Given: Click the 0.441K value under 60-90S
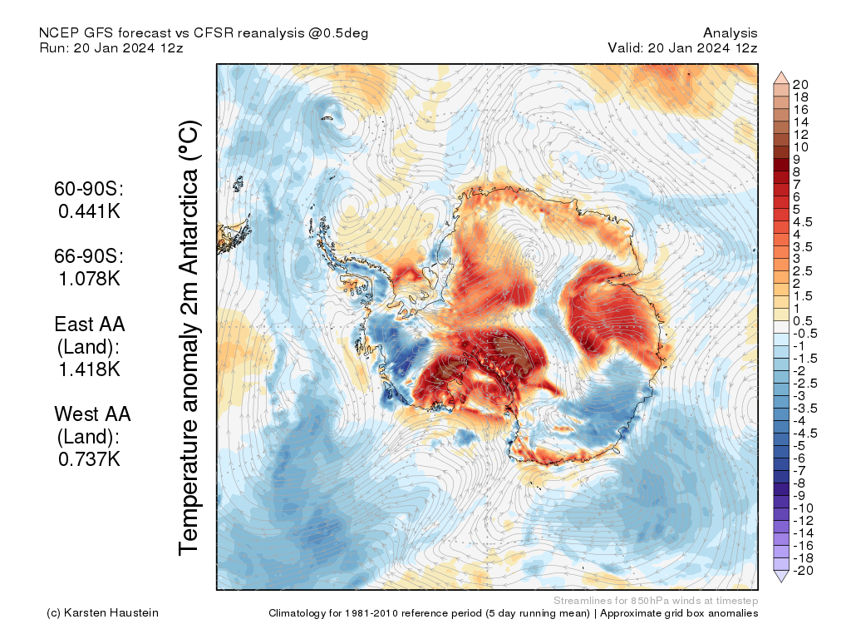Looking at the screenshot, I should (90, 211).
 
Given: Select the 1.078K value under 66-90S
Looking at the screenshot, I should (90, 278).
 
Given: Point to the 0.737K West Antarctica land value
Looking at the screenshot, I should (90, 458).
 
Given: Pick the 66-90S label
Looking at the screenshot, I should (90, 256).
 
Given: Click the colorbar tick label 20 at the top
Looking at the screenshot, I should (801, 84).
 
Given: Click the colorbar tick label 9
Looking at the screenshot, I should (796, 159).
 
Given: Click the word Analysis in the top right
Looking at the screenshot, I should (730, 32).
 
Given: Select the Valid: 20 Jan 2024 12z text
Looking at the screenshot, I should (682, 47).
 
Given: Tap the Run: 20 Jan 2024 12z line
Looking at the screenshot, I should (111, 47).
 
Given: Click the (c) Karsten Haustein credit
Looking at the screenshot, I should (103, 613).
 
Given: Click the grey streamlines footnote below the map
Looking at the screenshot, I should (656, 600).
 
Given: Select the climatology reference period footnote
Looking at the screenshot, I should (513, 613).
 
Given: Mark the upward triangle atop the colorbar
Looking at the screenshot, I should (781, 77).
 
